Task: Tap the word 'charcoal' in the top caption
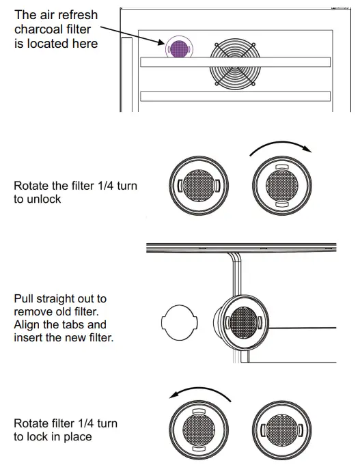click(38, 29)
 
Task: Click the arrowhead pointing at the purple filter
click(161, 45)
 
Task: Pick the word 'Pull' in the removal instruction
click(25, 299)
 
